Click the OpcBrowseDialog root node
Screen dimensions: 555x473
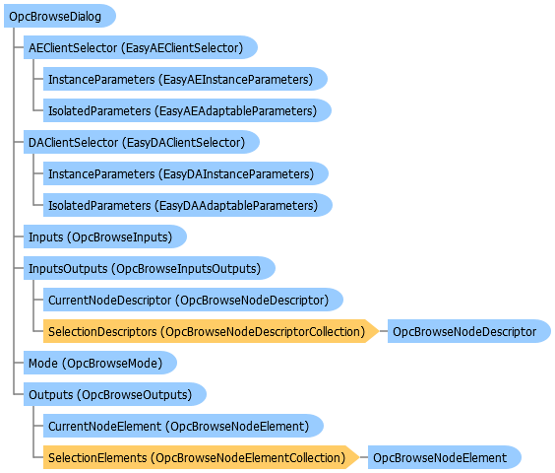(x=59, y=16)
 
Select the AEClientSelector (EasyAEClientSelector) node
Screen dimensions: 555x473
(x=140, y=47)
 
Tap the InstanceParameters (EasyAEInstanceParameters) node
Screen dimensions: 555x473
(x=185, y=79)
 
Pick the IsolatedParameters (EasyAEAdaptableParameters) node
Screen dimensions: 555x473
(x=187, y=110)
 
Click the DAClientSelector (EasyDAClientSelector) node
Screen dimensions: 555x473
(x=142, y=142)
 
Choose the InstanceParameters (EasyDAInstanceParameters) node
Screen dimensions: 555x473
(x=186, y=173)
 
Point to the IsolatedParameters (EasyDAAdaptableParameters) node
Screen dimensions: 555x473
(x=188, y=205)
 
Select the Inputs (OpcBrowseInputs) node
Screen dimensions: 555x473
(x=104, y=236)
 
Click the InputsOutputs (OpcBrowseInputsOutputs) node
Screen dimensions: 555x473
(x=149, y=268)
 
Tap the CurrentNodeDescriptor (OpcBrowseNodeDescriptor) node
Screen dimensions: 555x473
(x=193, y=300)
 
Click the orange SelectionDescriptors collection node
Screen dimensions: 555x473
(x=211, y=331)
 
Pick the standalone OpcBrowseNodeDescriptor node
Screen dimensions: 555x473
(x=469, y=331)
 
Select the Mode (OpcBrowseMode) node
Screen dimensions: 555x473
(x=99, y=363)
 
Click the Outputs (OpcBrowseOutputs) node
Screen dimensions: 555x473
(x=115, y=394)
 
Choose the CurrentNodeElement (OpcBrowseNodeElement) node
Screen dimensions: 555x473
(x=183, y=427)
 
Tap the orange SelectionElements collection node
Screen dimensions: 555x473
(x=201, y=458)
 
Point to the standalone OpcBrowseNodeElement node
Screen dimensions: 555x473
(x=444, y=458)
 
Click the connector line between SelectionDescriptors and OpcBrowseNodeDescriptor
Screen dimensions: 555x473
(x=384, y=331)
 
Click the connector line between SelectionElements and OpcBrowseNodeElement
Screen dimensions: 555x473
(x=364, y=458)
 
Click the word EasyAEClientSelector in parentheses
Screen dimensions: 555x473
(x=182, y=48)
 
